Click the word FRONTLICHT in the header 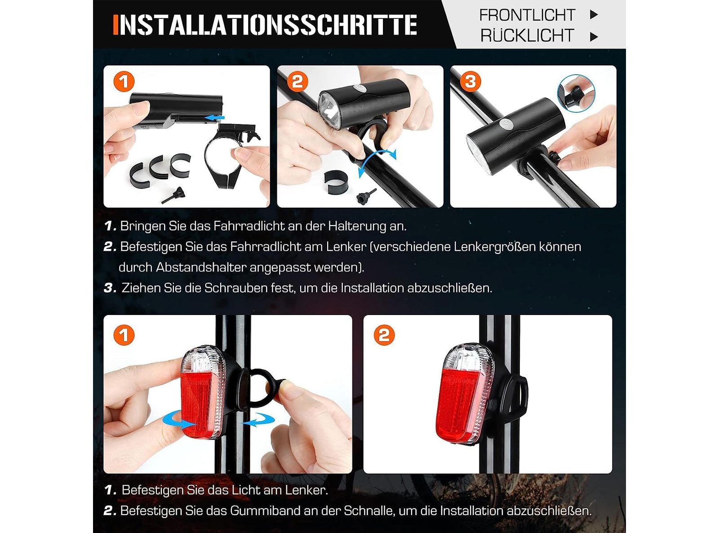(x=527, y=15)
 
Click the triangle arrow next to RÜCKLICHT (x=594, y=36)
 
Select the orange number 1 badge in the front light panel (x=124, y=81)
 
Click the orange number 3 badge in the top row (x=470, y=81)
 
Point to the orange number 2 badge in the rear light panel (x=384, y=335)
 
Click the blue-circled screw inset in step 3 (x=576, y=93)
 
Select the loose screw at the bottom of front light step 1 (x=173, y=195)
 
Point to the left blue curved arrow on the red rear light (x=179, y=421)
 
